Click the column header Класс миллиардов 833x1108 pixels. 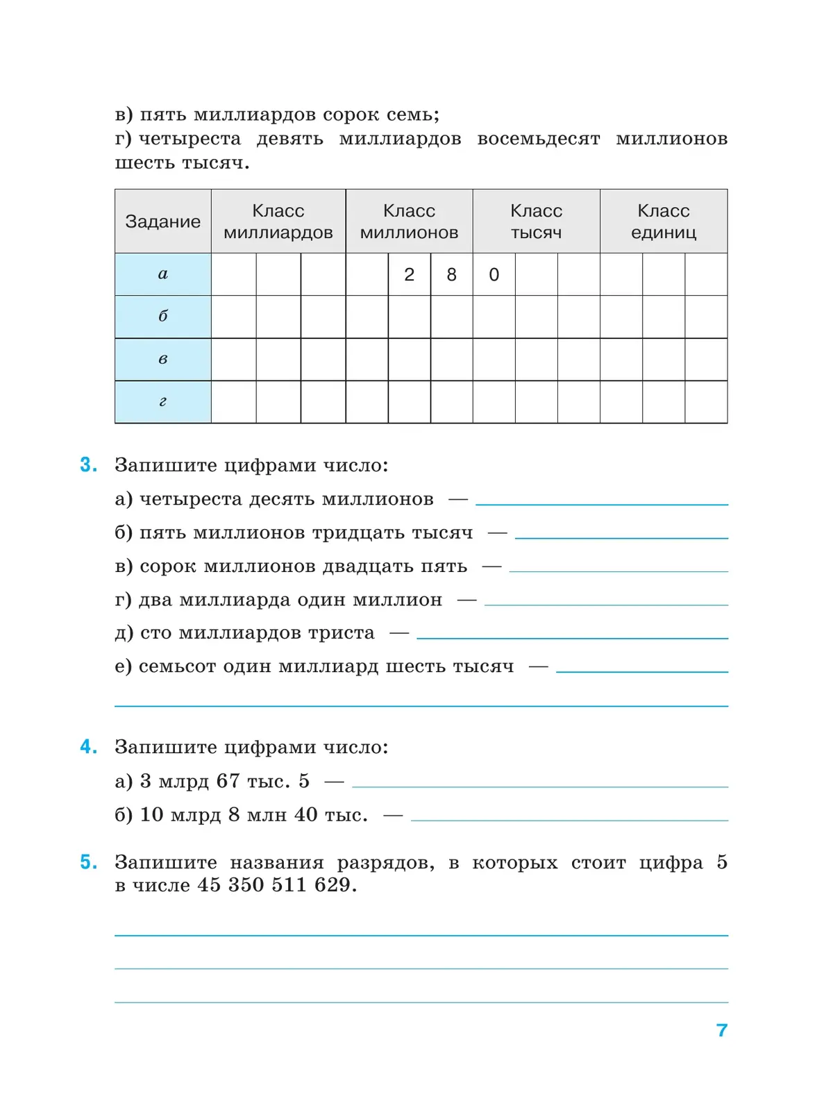[278, 221]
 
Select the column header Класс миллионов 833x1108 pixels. [409, 221]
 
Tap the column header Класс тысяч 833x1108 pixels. [536, 221]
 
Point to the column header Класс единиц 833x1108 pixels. [663, 221]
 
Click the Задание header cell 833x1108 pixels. [162, 221]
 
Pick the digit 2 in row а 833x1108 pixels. [409, 275]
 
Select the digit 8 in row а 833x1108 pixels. [451, 275]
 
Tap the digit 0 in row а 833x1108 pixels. [494, 275]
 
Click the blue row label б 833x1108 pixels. [162, 317]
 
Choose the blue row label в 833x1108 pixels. [162, 360]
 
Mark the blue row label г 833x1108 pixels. [162, 402]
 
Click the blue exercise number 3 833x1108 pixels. [88, 465]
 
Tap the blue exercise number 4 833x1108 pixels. [88, 747]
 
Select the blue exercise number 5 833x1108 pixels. [88, 862]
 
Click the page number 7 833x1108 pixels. [722, 1030]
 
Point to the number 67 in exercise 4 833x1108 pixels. [228, 781]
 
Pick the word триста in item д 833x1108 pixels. [341, 633]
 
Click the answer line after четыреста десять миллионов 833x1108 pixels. [601, 502]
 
